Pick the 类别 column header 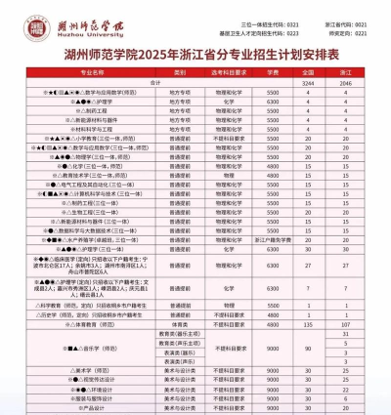click(x=180, y=72)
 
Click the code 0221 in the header click(x=361, y=30)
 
